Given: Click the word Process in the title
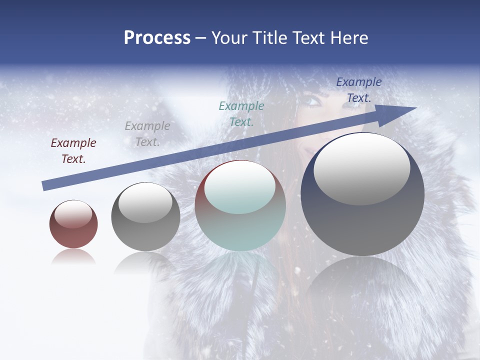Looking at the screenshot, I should (x=157, y=38).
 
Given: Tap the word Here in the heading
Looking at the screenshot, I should (x=347, y=38).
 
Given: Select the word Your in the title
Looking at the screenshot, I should (x=229, y=38).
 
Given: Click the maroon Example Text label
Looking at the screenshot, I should (x=73, y=151).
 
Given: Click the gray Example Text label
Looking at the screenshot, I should (x=147, y=133).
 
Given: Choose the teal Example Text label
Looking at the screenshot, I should (x=241, y=113).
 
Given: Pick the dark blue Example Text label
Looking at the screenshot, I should (x=359, y=90).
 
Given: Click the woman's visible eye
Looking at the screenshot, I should (x=311, y=101).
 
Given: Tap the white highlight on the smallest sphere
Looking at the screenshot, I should (x=73, y=214).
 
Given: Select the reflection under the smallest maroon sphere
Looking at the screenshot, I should (x=73, y=257).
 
